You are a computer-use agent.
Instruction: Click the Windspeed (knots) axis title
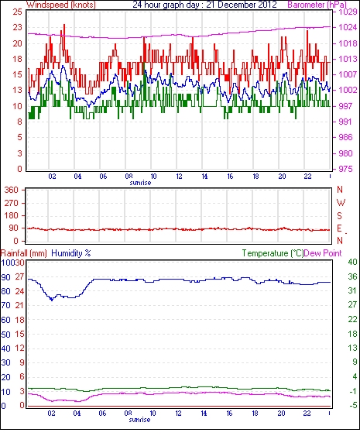click(x=61, y=5)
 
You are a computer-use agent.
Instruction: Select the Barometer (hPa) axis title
click(x=317, y=5)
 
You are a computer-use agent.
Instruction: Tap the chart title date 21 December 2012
click(x=242, y=5)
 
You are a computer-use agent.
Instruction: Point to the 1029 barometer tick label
click(x=348, y=12)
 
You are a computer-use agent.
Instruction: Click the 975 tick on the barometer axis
click(x=345, y=169)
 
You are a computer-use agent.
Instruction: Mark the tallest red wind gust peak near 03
click(x=64, y=25)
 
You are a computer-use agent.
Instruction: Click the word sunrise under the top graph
click(x=140, y=183)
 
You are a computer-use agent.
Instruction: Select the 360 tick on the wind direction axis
click(x=12, y=191)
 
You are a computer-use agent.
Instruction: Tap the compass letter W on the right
click(x=341, y=202)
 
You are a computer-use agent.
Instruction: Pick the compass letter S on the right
click(x=339, y=215)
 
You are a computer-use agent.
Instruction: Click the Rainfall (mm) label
click(x=23, y=253)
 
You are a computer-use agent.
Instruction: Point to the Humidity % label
click(x=71, y=253)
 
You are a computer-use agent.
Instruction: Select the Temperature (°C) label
click(x=273, y=253)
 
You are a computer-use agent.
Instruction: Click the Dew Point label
click(x=323, y=253)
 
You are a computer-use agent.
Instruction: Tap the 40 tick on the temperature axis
click(x=352, y=262)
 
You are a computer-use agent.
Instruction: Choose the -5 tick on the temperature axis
click(x=353, y=406)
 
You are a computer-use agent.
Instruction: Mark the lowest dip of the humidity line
click(x=51, y=300)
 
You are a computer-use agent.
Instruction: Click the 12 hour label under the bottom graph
click(x=178, y=414)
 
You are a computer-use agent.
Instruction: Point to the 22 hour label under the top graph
click(x=307, y=177)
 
